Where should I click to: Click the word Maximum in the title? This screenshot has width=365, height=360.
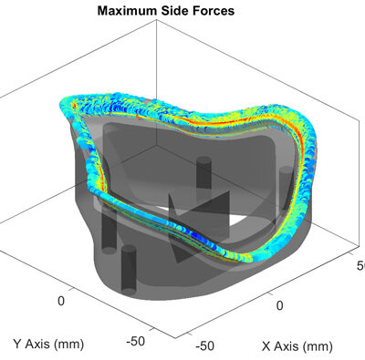point(127,11)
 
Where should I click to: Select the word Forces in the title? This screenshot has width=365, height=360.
point(213,11)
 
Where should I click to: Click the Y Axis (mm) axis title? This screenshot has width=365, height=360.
point(48,345)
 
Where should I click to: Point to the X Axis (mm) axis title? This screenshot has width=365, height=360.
point(297,346)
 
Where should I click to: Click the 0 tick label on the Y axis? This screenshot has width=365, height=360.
point(61,301)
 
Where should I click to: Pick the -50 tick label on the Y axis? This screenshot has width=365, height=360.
point(136,341)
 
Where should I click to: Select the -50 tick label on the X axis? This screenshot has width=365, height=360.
point(204,345)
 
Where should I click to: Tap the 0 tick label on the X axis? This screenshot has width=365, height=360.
point(280,305)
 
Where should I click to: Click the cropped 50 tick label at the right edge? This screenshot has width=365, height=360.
point(360,266)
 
